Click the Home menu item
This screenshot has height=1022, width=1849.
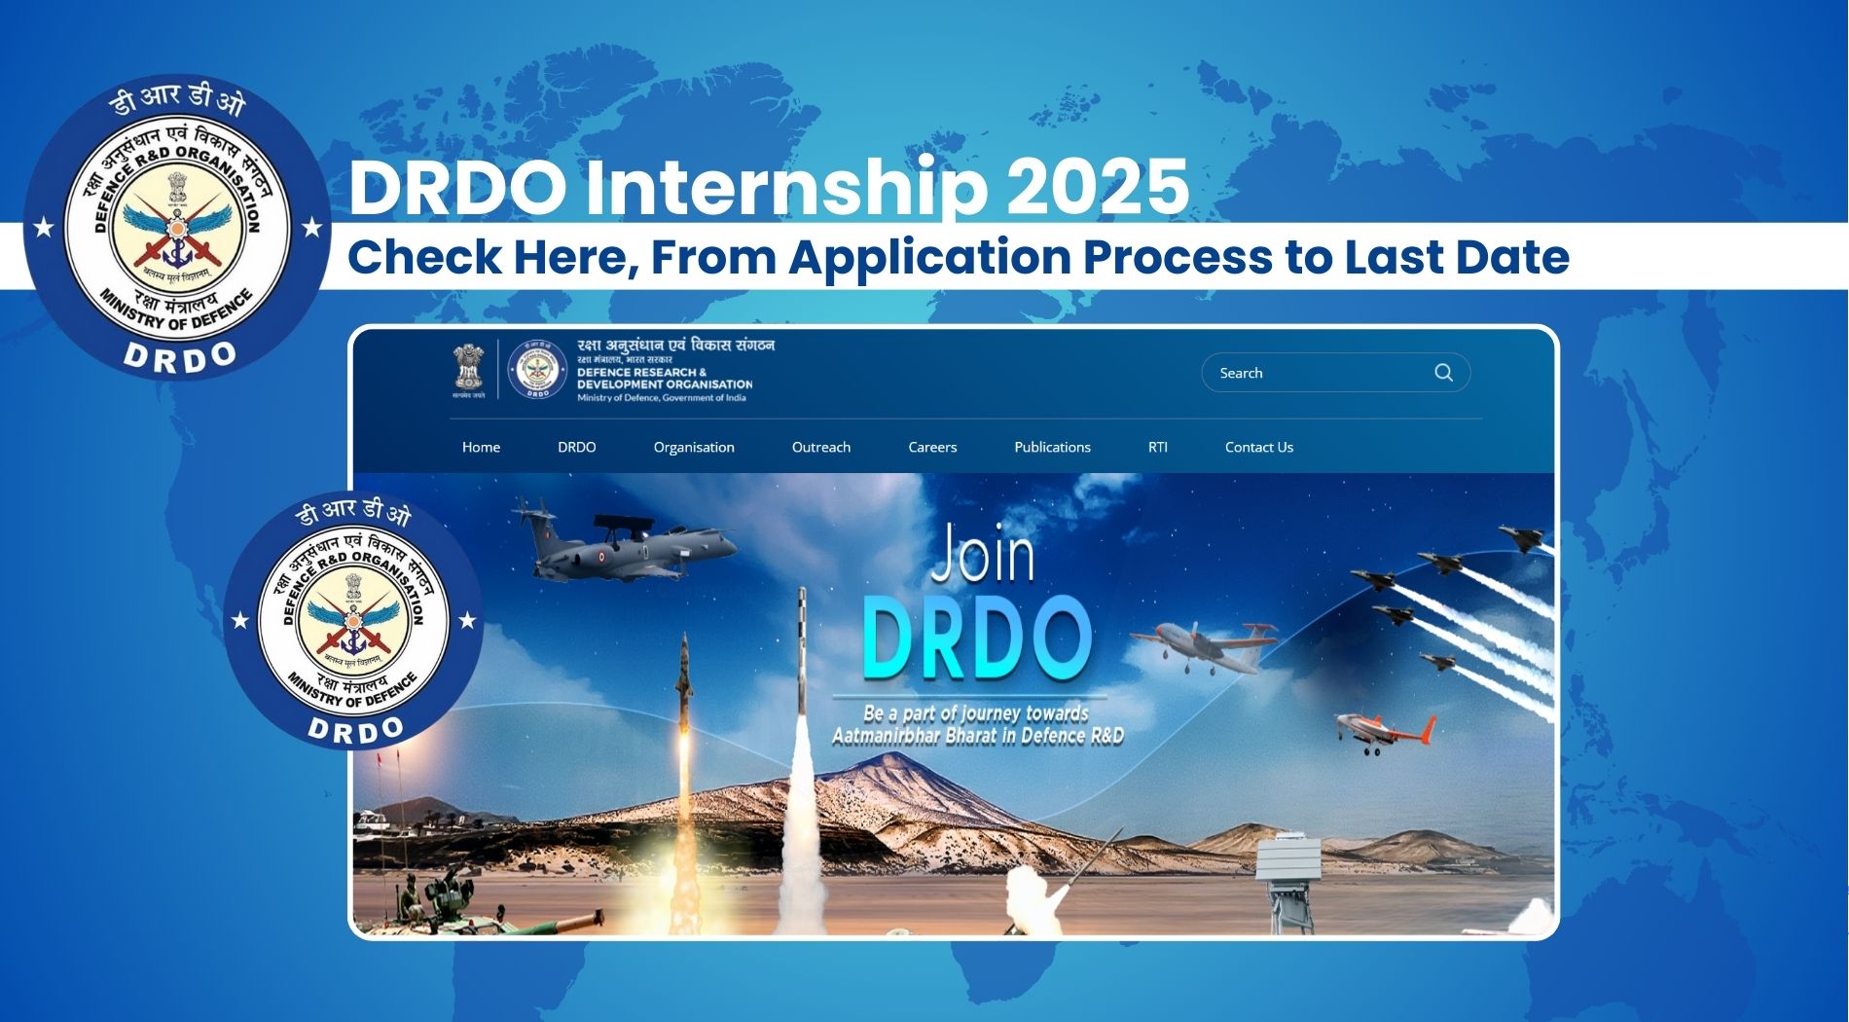click(x=481, y=448)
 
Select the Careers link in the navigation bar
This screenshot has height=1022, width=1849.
click(x=932, y=448)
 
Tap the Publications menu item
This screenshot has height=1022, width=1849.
click(x=1052, y=448)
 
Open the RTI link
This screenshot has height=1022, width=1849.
click(x=1157, y=448)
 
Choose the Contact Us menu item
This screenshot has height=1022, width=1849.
click(x=1258, y=448)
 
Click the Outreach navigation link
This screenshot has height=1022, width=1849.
click(x=820, y=448)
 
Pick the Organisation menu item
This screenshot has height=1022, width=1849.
click(x=694, y=448)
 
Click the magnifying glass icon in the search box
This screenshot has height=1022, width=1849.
click(x=1443, y=373)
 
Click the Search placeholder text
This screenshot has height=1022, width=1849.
click(x=1241, y=374)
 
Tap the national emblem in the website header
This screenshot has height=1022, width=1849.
click(x=468, y=369)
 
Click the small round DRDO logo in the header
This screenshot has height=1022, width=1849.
click(x=537, y=369)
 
